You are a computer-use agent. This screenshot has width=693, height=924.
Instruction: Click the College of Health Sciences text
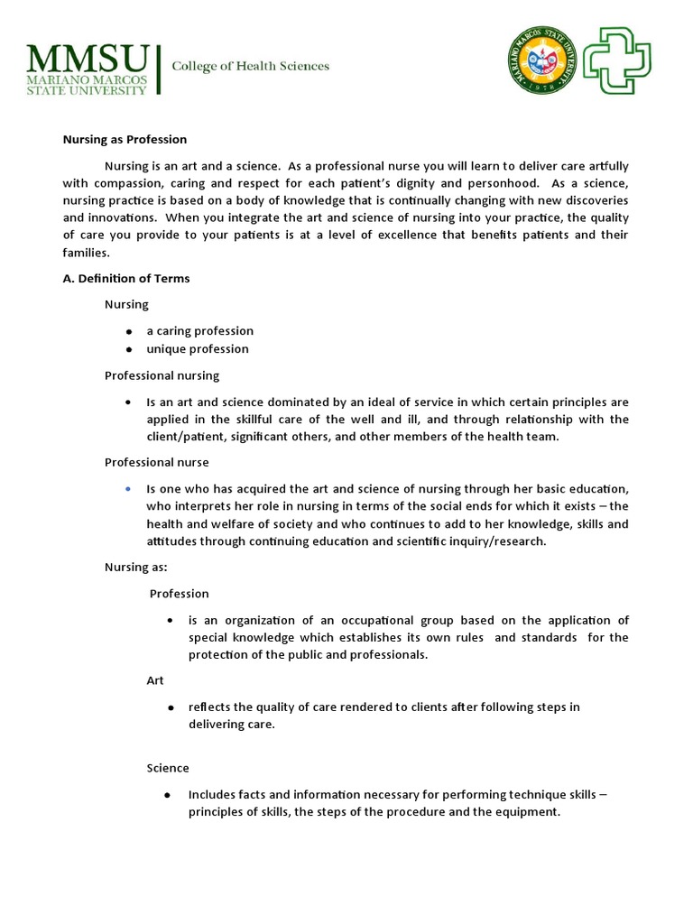pos(251,66)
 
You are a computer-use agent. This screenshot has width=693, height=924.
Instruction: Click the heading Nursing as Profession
pos(124,140)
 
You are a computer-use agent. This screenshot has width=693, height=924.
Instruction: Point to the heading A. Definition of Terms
pos(125,279)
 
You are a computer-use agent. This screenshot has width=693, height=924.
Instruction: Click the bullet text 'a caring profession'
pos(199,331)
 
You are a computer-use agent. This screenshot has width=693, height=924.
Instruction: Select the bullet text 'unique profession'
pos(197,349)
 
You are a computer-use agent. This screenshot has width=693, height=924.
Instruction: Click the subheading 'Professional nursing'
pos(162,375)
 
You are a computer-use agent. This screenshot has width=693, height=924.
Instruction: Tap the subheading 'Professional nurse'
pos(156,463)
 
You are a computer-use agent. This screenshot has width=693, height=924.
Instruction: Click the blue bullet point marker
pos(129,488)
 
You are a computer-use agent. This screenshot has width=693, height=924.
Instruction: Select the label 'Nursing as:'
pos(135,568)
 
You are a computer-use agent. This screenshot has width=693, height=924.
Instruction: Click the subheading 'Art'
pos(155,681)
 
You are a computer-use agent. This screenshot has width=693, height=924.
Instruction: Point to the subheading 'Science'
pos(168,769)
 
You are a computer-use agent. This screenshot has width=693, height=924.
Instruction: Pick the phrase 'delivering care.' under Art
pos(230,725)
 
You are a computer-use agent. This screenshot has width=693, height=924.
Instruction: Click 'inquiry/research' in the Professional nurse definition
pos(495,542)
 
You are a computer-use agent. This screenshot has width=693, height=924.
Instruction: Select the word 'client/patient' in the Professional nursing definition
pos(183,437)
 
